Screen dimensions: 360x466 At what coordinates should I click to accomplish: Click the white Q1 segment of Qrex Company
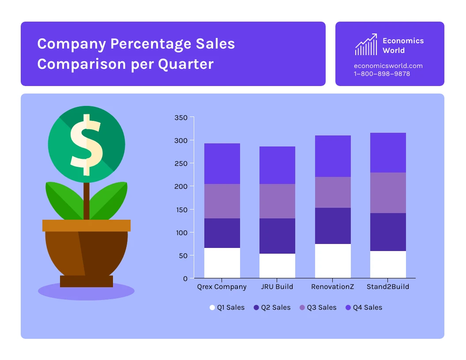tap(222, 263)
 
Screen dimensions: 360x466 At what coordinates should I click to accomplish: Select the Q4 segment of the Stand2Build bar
tap(388, 153)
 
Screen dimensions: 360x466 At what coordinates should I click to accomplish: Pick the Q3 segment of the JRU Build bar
tap(277, 201)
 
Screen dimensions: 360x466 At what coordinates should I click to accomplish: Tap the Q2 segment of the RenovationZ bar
tap(333, 226)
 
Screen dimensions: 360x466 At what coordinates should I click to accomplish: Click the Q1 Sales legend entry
tap(227, 307)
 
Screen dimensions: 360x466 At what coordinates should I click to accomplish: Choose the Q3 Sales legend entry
tap(318, 307)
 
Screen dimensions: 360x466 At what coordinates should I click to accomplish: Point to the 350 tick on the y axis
tap(181, 118)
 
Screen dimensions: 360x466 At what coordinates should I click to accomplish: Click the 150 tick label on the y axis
tap(181, 210)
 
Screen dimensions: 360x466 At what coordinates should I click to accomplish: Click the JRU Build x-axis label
tap(277, 287)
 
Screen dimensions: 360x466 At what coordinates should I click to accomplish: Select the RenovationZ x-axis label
tap(333, 287)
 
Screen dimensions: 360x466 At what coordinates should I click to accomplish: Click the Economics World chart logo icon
tap(366, 45)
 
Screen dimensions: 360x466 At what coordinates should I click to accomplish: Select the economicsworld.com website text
tap(388, 66)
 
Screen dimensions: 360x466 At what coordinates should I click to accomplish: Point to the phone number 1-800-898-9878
tap(382, 74)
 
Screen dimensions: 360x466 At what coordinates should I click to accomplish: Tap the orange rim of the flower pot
tap(86, 225)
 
